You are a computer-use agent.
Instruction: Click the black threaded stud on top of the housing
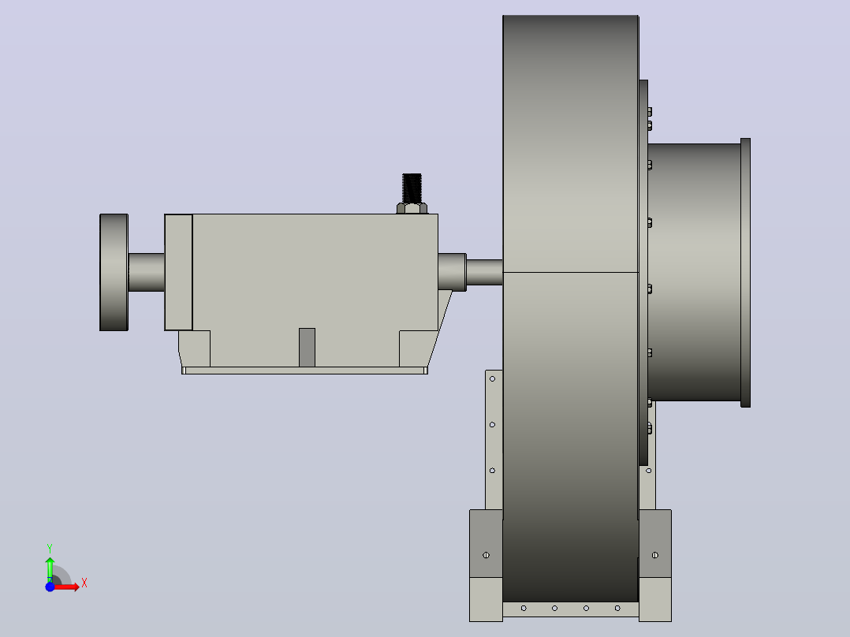pos(412,188)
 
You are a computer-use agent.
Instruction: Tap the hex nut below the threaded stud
pos(412,208)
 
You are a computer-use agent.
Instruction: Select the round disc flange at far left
pos(114,272)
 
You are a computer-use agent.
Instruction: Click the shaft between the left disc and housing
pos(147,272)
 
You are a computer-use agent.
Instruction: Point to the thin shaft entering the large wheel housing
pos(485,272)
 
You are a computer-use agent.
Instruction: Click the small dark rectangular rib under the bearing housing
pos(307,348)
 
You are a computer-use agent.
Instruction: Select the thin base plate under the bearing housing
pos(304,371)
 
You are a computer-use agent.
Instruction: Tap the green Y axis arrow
pos(50,568)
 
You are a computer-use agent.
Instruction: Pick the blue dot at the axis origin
pos(50,587)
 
